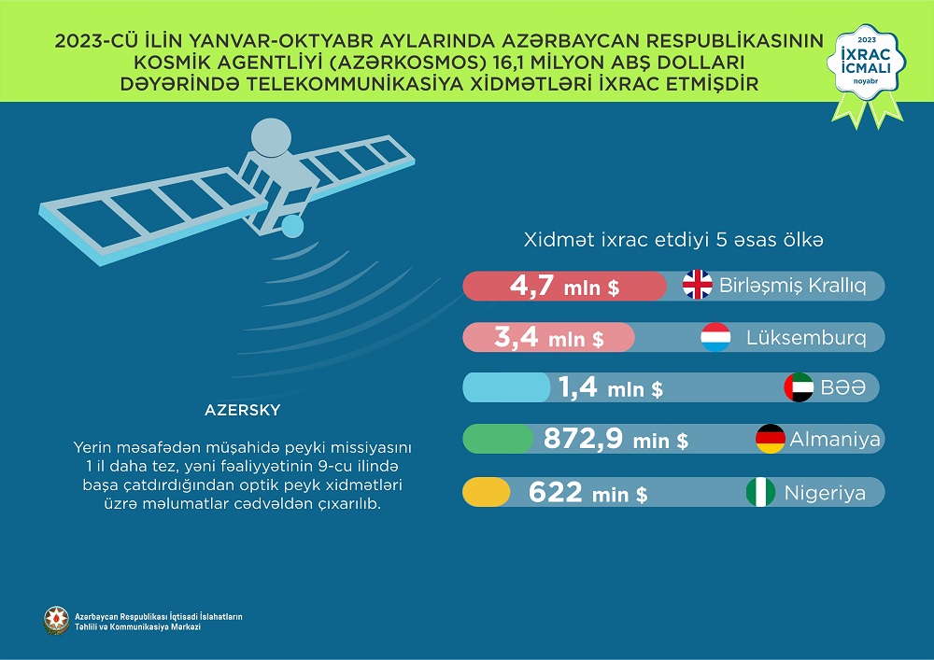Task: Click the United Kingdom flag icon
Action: pyautogui.click(x=698, y=286)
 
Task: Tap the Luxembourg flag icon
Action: pyautogui.click(x=716, y=337)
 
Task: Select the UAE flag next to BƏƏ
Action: pyautogui.click(x=800, y=387)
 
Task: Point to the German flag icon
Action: pyautogui.click(x=771, y=438)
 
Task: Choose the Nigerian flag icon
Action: pyautogui.click(x=760, y=492)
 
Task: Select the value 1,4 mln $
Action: pyautogui.click(x=610, y=387)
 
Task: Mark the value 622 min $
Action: pyautogui.click(x=588, y=492)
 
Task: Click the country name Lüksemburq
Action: pyautogui.click(x=805, y=338)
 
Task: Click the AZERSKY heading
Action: pyautogui.click(x=242, y=409)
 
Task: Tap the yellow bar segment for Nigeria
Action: pyautogui.click(x=487, y=492)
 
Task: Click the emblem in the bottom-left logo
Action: pyautogui.click(x=56, y=621)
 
